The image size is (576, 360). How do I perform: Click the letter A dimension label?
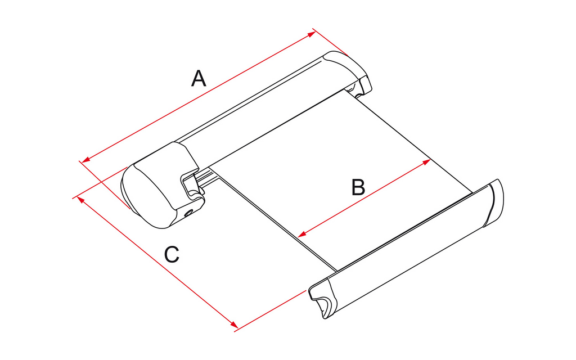[199, 78]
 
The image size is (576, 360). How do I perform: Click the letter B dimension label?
[358, 187]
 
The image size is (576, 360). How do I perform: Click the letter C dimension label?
[172, 254]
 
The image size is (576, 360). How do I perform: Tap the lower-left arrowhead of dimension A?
[86, 159]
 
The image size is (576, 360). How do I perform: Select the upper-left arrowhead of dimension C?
[81, 201]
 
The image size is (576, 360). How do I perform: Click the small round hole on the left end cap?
[189, 212]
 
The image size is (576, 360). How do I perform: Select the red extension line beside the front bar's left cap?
[270, 310]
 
